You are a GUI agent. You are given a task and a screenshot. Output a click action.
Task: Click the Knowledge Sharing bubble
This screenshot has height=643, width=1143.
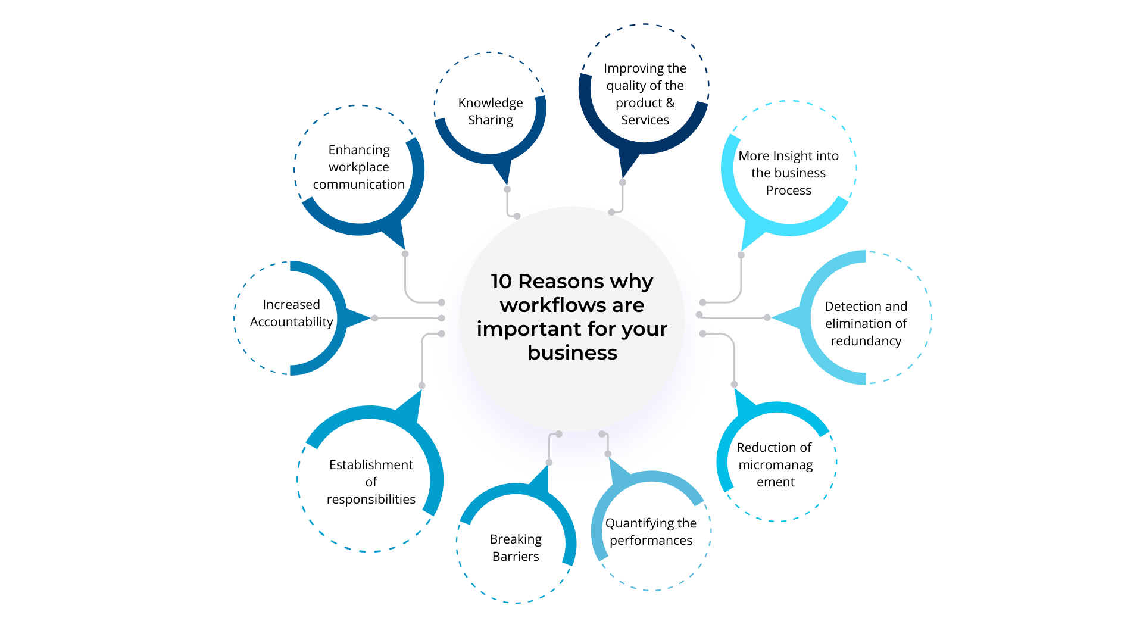[x=490, y=111]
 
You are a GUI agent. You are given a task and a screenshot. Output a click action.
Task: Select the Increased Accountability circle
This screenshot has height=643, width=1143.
[x=291, y=313]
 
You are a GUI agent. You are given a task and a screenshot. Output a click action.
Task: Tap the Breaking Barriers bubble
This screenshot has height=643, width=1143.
[x=516, y=548]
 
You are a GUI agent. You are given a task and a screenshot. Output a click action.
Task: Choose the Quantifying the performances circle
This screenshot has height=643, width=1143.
[x=651, y=532]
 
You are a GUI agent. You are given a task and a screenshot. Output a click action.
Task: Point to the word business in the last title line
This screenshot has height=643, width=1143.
[x=572, y=353]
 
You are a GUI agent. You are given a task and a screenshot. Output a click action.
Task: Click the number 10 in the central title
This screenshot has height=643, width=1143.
[x=501, y=281]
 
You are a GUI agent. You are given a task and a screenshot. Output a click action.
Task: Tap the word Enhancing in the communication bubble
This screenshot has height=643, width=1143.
[x=359, y=149]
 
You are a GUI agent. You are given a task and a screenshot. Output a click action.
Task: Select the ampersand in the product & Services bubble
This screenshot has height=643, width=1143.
[x=670, y=103]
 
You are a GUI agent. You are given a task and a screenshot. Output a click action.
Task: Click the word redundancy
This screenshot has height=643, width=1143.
[x=866, y=341]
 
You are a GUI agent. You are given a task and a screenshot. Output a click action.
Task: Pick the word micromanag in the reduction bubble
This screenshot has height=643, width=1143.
[x=775, y=464]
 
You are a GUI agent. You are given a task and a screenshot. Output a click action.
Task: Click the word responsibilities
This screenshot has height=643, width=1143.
[x=371, y=500]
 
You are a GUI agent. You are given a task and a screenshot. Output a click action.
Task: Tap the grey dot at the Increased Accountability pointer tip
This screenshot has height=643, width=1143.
[x=374, y=318]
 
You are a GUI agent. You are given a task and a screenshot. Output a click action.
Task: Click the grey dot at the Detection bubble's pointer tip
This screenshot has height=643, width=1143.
[x=767, y=317]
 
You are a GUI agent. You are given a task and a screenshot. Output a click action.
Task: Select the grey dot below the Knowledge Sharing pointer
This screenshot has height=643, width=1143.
[x=507, y=189]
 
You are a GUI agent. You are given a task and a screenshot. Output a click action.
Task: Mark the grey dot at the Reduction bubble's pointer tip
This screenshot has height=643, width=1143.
[x=734, y=385]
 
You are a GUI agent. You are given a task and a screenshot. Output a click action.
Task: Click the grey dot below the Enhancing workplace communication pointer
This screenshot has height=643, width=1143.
[x=405, y=254]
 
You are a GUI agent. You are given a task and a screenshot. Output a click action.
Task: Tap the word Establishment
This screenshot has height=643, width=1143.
[x=371, y=465]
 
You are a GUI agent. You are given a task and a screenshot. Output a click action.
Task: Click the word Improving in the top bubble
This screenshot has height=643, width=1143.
[x=629, y=68]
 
